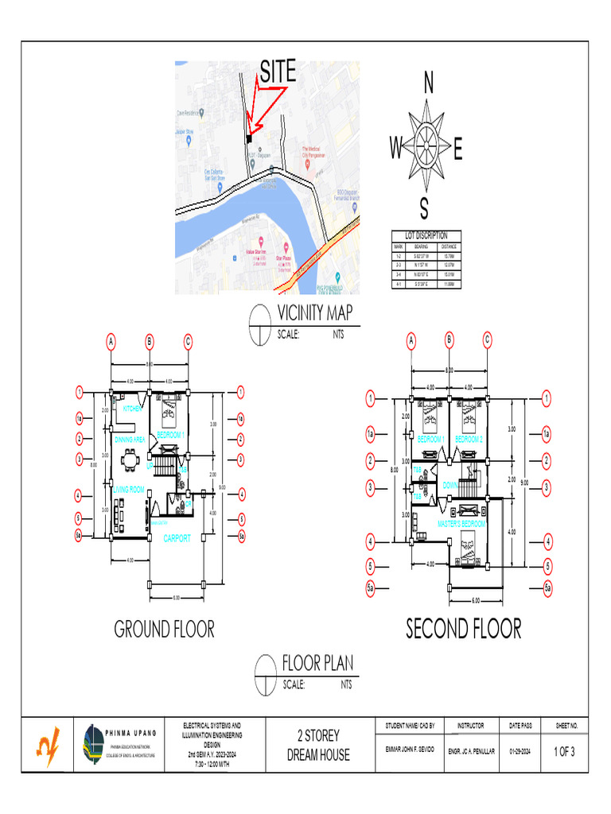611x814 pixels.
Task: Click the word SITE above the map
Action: point(278,72)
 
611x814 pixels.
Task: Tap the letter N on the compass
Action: point(428,83)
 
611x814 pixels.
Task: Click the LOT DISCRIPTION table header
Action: point(426,236)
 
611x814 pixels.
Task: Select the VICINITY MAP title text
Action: point(314,313)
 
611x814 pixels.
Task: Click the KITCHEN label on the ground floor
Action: point(132,409)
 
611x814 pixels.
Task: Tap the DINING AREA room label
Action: point(129,440)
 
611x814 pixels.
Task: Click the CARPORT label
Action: point(177,539)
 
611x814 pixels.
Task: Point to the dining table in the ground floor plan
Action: point(130,462)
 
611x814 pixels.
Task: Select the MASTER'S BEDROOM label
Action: point(461,525)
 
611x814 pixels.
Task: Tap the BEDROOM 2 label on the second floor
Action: point(469,439)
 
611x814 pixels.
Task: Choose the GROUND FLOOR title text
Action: point(165,630)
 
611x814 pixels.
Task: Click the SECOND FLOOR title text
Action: point(464,630)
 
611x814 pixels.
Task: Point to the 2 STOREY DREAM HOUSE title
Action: point(318,745)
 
